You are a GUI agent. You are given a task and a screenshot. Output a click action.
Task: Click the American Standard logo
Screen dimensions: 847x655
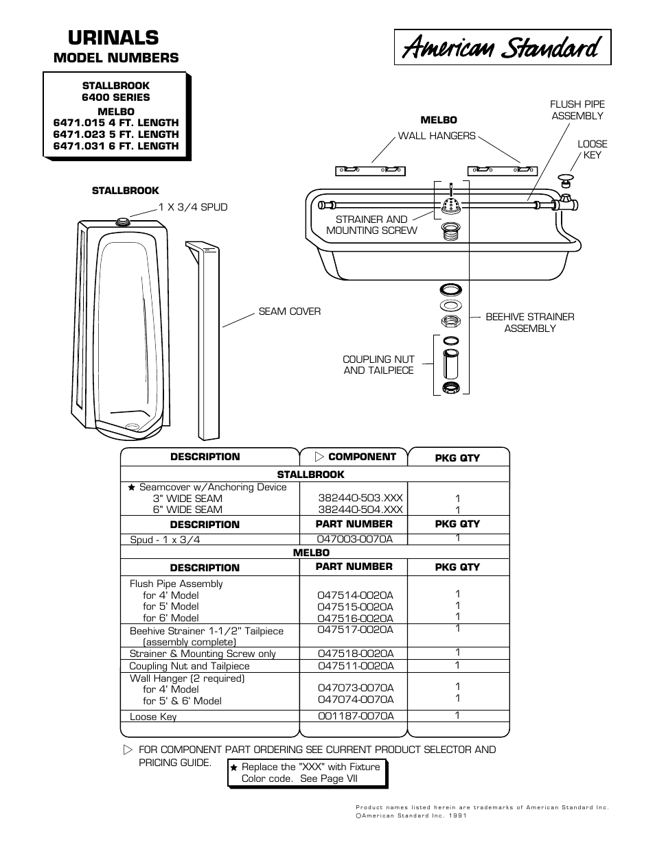coord(502,47)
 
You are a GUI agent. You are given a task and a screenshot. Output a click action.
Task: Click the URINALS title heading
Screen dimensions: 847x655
coord(105,37)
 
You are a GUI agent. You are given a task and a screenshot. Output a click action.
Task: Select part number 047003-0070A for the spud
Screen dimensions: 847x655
coord(355,540)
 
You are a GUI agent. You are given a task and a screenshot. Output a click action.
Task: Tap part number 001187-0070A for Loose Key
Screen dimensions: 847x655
coord(355,716)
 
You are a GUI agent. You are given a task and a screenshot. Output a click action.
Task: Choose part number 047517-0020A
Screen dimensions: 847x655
coord(355,630)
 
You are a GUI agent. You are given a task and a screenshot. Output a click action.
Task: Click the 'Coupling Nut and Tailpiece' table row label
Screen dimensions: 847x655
coord(189,666)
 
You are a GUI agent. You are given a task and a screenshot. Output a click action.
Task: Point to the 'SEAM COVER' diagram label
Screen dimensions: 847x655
coord(289,311)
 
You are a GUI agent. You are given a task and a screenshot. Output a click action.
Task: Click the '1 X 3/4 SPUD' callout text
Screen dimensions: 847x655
coord(193,207)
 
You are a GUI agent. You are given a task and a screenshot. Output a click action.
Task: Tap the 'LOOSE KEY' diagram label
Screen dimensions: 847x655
coord(592,150)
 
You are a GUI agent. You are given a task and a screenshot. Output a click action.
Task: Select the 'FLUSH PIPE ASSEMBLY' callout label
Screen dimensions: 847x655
coord(577,110)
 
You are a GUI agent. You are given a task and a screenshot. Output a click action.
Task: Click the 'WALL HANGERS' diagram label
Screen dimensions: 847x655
coord(437,136)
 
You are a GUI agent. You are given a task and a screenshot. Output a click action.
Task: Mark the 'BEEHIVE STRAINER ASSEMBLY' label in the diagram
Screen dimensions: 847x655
coord(529,322)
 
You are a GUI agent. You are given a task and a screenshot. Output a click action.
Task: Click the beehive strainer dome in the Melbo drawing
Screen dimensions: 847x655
coord(451,205)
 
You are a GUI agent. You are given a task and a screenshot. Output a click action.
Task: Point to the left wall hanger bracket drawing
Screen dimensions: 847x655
coord(370,169)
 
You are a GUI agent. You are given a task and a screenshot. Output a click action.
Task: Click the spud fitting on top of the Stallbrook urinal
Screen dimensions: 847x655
coord(123,222)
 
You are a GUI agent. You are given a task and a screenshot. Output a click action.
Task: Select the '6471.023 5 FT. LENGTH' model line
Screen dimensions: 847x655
coord(116,134)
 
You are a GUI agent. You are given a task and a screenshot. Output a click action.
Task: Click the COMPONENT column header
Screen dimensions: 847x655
coord(356,457)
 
